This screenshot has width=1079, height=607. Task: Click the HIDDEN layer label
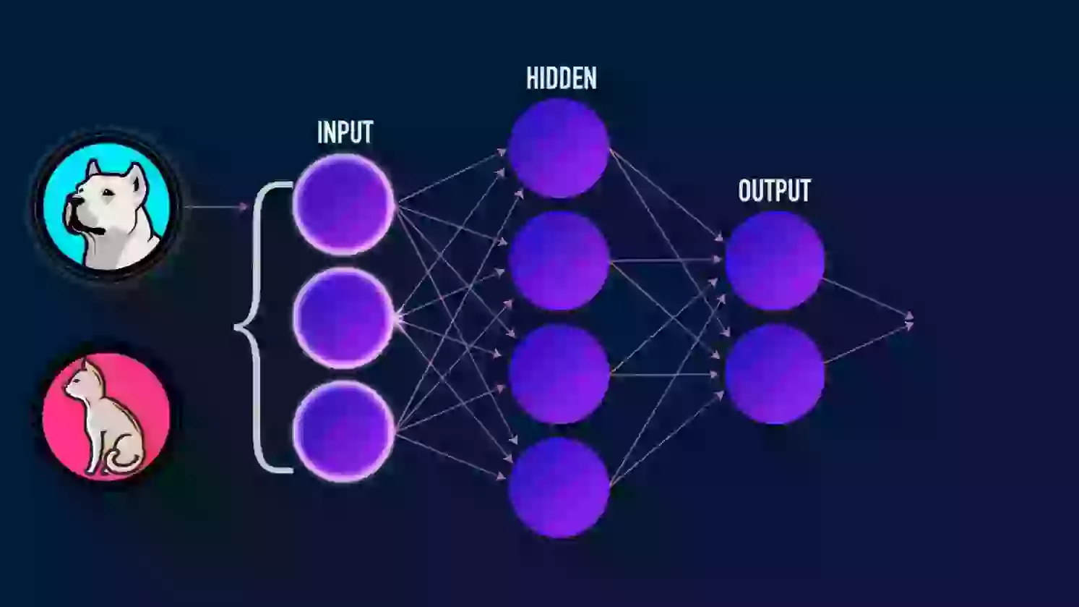point(561,78)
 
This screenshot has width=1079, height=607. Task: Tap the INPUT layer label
point(345,132)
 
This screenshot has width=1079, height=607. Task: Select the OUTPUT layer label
point(775,190)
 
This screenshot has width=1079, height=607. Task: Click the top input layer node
point(343,204)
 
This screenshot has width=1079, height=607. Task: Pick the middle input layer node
point(343,318)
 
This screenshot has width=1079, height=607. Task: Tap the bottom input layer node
point(343,431)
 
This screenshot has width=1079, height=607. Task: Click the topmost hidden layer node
point(559,148)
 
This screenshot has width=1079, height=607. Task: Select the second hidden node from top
point(559,261)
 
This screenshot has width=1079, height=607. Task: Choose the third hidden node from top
point(559,374)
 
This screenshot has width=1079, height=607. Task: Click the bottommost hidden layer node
point(559,488)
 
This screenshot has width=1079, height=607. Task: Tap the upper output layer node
point(775,261)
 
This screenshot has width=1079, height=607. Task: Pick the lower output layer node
point(775,374)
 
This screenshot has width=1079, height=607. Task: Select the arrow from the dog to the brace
point(216,207)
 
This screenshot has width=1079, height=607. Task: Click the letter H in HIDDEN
point(531,78)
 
